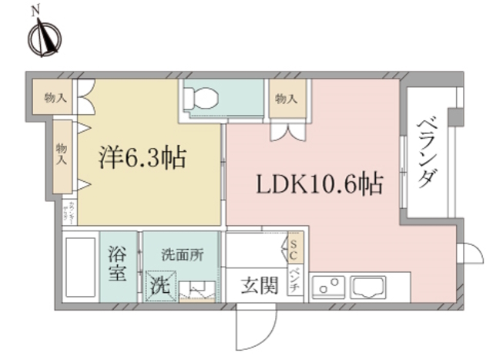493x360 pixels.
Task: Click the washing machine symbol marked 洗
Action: (159, 285)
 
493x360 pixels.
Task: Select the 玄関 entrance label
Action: (257, 285)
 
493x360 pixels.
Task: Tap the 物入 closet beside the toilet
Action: (286, 99)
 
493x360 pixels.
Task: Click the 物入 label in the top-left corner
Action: (55, 98)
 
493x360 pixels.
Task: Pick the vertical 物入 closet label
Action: (61, 154)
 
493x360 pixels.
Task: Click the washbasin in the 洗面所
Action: (203, 289)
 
